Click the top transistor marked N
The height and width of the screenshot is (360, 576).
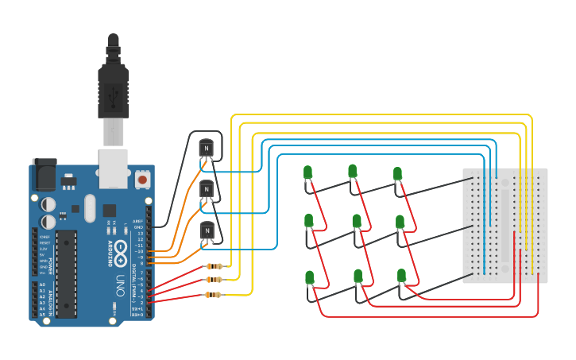tap(207, 147)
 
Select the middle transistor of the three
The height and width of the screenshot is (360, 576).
tap(207, 189)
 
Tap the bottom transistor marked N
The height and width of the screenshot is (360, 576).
tap(207, 230)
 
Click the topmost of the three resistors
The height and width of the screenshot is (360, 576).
tap(214, 266)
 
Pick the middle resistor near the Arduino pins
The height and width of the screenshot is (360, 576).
tap(214, 280)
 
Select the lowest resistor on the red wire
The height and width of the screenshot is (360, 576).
tap(214, 295)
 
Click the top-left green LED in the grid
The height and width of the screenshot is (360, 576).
tap(307, 172)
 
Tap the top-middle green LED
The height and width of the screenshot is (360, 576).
tap(352, 171)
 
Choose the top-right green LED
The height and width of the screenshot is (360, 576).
tap(397, 173)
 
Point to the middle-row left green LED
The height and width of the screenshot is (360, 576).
tap(308, 220)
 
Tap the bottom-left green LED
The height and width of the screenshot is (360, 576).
tap(309, 277)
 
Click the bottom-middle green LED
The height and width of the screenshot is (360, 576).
tap(358, 276)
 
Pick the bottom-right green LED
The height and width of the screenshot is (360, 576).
tap(401, 276)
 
